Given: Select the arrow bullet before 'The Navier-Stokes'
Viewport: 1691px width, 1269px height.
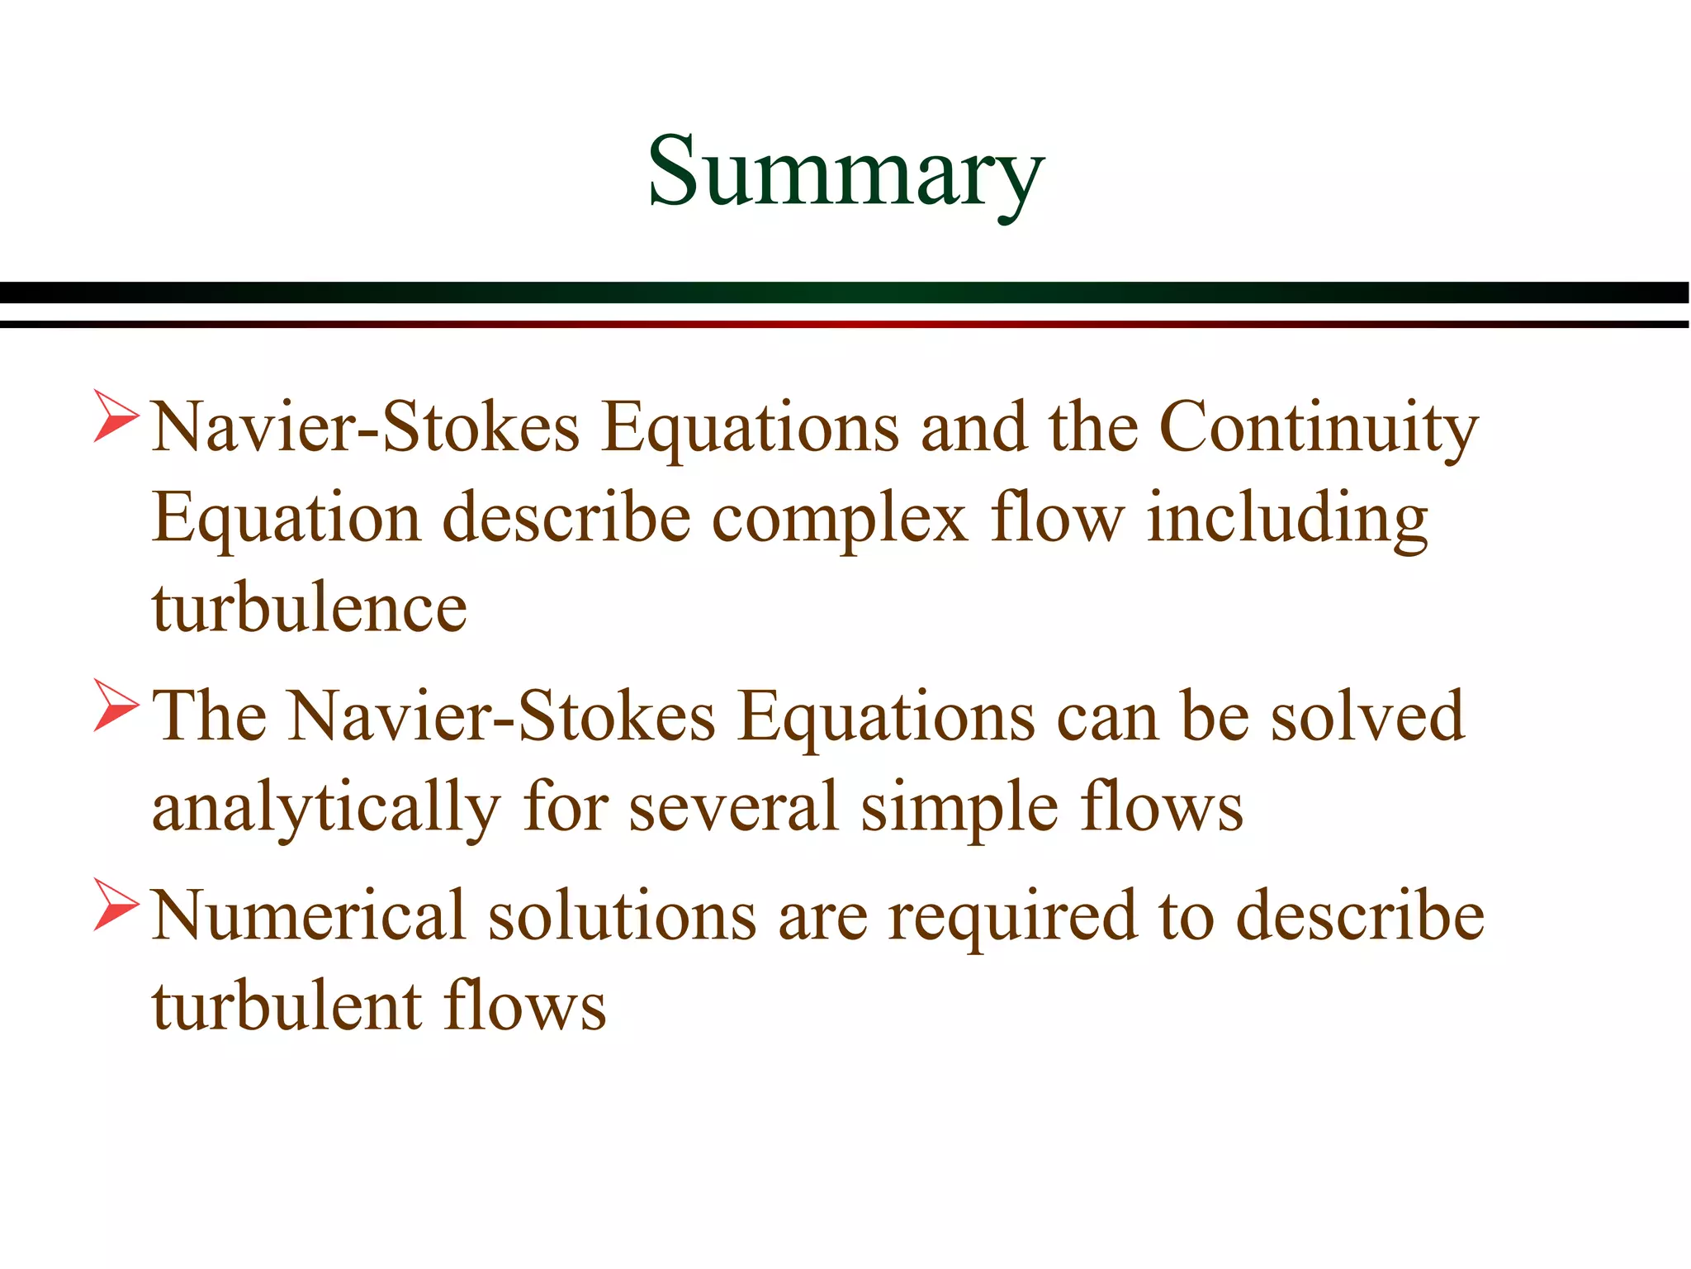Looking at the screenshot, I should (116, 705).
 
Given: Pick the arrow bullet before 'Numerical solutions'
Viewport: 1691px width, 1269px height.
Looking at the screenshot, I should (116, 904).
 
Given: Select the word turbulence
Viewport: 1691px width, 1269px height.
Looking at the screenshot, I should (310, 610).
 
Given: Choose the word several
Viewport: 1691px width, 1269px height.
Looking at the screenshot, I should (734, 807).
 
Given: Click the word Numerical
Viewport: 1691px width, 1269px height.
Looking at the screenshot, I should (310, 916).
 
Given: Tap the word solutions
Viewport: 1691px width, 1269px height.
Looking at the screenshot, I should (622, 916).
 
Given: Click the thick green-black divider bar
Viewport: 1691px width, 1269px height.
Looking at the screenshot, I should (845, 292).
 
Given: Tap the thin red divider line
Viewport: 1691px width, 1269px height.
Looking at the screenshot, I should (845, 324).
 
